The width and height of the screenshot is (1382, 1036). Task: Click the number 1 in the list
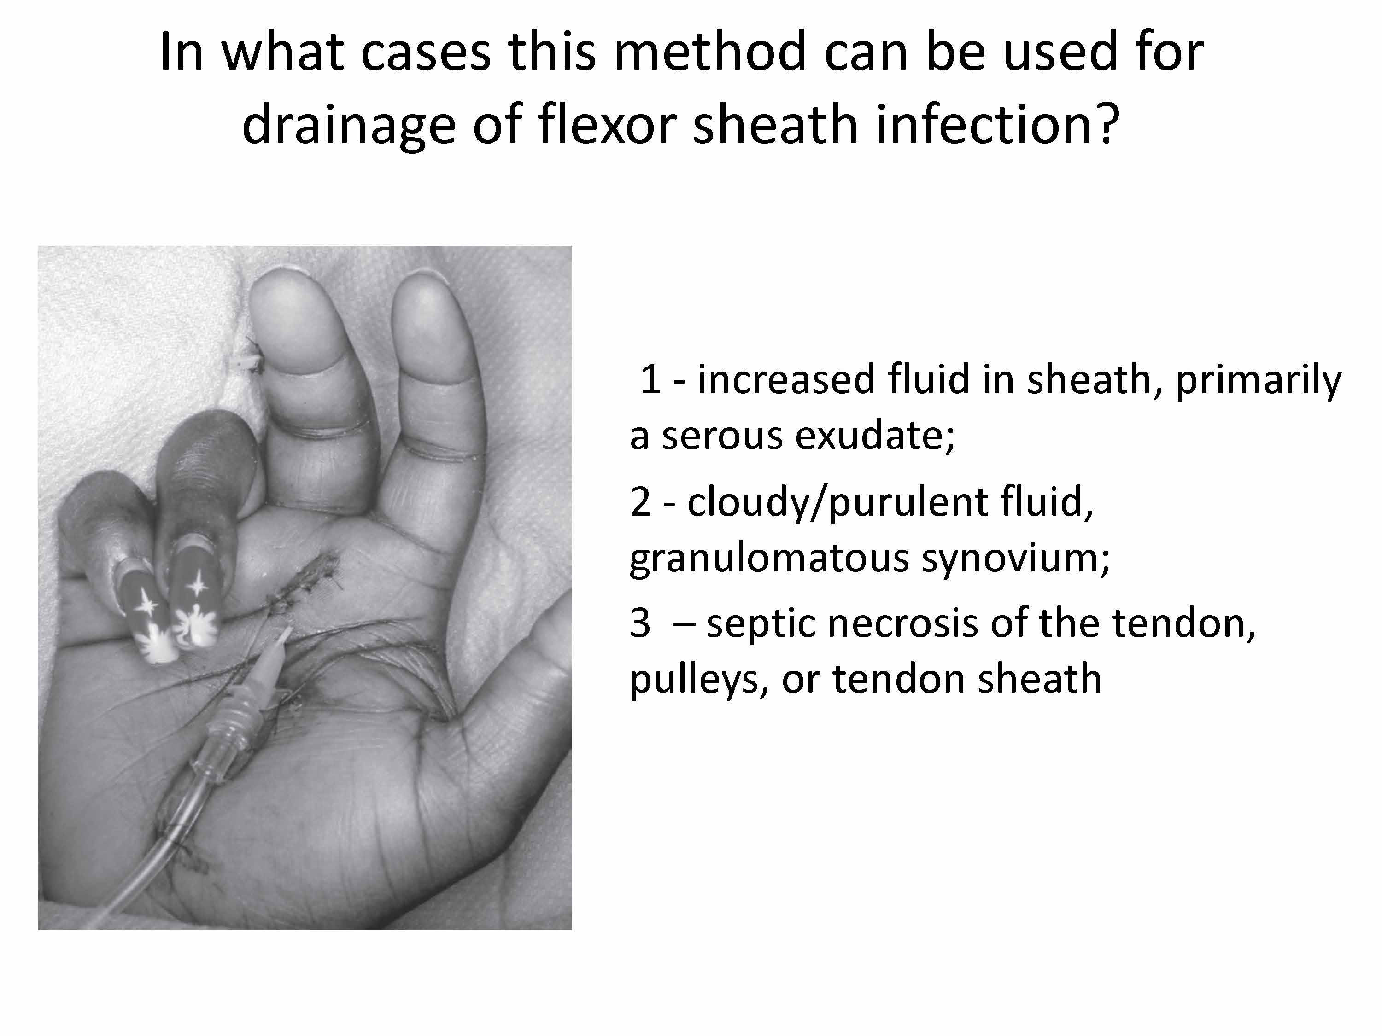[x=650, y=380]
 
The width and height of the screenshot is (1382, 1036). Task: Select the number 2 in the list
[x=640, y=501]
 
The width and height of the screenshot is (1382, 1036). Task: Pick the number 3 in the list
[x=640, y=623]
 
